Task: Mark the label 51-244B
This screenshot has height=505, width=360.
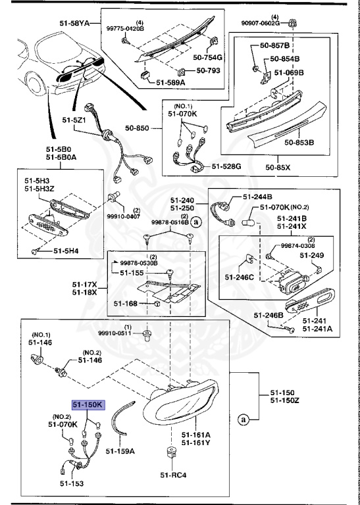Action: click(257, 197)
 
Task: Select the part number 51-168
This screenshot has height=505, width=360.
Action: click(125, 303)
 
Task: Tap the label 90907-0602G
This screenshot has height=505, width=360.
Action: click(275, 23)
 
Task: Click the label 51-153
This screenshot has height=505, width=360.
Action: click(57, 483)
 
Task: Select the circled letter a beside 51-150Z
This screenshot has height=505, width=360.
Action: click(245, 418)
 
